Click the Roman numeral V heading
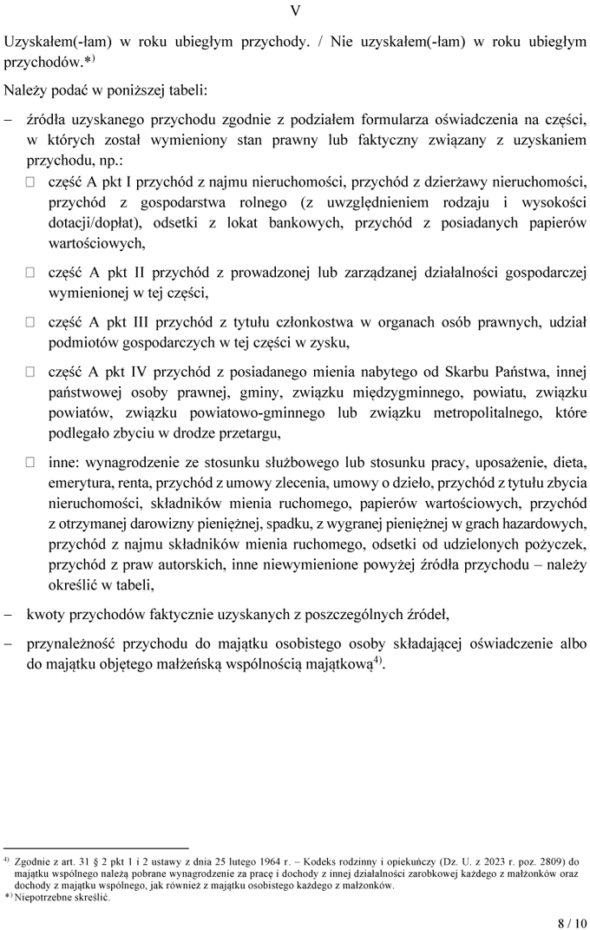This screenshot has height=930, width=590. click(295, 11)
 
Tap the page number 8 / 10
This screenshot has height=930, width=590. click(572, 922)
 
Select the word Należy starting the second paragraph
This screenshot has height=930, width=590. click(23, 89)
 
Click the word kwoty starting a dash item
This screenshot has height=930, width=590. click(44, 616)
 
